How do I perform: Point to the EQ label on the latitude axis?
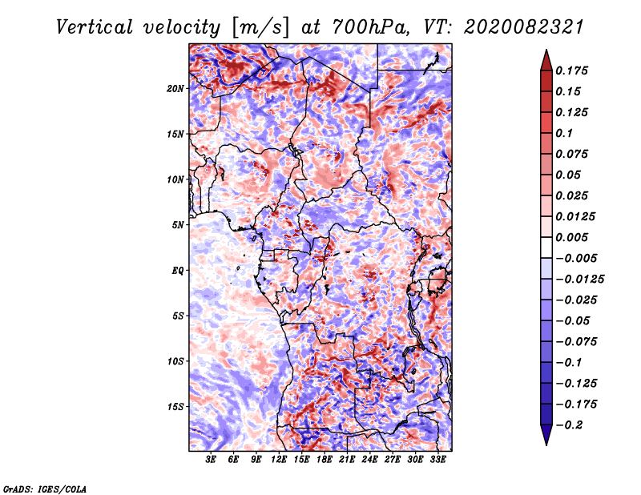[x=178, y=271]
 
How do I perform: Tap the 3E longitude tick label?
[x=212, y=459]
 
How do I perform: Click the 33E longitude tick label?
[x=437, y=459]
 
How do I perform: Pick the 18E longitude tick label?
[x=325, y=459]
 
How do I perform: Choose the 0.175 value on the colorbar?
[x=573, y=70]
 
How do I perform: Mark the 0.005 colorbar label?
[x=573, y=237]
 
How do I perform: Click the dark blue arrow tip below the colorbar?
[x=546, y=438]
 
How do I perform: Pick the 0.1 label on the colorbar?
[x=565, y=133]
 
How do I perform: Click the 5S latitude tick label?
[x=178, y=316]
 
